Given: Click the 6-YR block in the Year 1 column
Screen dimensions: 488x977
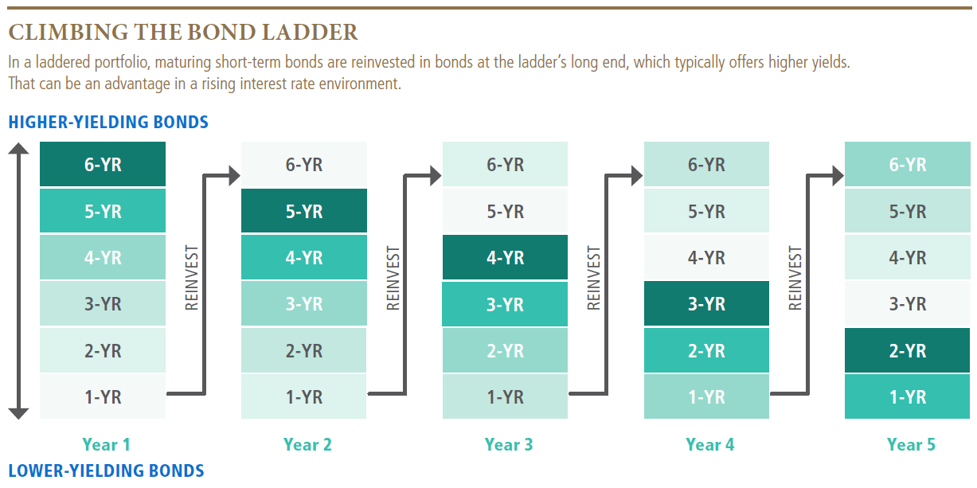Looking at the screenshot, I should tap(103, 165).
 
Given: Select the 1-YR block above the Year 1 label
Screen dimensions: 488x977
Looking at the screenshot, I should tap(103, 396).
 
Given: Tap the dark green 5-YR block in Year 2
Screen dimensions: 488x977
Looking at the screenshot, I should tap(303, 212).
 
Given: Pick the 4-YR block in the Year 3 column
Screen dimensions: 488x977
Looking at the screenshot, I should tap(505, 258).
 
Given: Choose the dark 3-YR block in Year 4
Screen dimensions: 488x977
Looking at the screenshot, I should tap(706, 304).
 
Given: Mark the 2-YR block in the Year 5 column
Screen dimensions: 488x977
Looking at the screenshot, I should tap(907, 350).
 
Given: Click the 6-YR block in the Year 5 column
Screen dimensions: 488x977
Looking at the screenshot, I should tap(907, 165).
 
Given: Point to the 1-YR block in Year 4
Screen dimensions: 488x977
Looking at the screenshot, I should tap(706, 396).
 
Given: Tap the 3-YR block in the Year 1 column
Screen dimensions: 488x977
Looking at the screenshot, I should tap(103, 304).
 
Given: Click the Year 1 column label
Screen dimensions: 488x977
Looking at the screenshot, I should tap(106, 444).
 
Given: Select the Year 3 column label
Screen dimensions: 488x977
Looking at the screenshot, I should tap(508, 444).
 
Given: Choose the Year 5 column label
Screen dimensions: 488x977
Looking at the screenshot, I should tap(911, 444).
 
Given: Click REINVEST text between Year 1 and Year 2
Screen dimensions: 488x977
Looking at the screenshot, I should tap(191, 278).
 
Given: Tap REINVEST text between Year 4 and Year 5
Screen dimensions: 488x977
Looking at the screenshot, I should tap(795, 278).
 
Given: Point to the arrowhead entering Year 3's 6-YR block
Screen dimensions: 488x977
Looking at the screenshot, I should tap(435, 175).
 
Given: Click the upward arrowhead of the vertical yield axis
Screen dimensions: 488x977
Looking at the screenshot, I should tap(19, 148).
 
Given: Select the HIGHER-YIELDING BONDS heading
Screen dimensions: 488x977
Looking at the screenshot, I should tap(108, 123).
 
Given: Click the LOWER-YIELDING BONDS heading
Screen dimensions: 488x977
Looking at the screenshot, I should tap(106, 470).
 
